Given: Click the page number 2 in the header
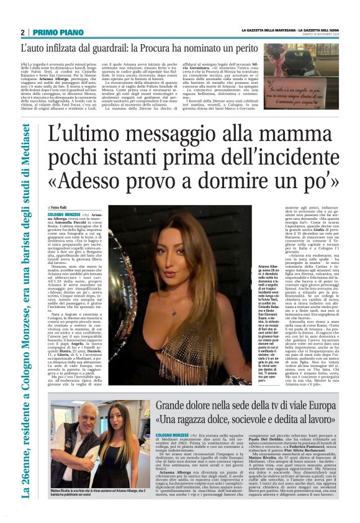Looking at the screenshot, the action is click(22, 32).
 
